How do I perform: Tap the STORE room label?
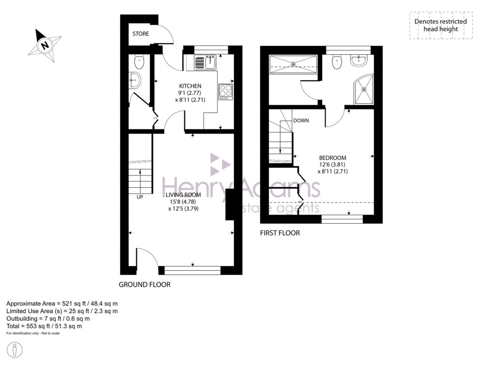(140, 34)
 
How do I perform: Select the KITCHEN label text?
(190, 86)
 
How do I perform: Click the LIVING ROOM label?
(183, 195)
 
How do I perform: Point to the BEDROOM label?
(333, 158)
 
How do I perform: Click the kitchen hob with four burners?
(225, 91)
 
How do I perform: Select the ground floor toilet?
(139, 61)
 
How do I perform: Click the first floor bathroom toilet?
(337, 62)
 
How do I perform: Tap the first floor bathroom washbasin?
(359, 60)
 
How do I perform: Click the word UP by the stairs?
(140, 197)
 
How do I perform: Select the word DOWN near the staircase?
(301, 121)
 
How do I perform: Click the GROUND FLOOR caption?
(144, 284)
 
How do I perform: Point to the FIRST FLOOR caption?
(280, 233)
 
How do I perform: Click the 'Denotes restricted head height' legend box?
(440, 25)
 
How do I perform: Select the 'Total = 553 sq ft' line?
(44, 326)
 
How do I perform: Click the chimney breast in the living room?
(230, 205)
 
